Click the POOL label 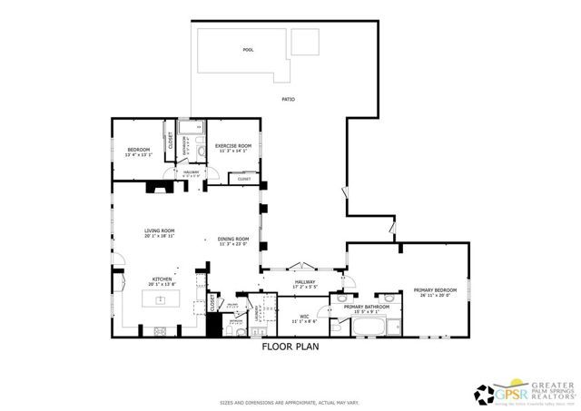point(248,50)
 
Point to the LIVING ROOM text point(159,230)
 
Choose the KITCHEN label point(161,279)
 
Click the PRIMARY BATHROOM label point(367,307)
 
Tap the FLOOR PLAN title point(290,347)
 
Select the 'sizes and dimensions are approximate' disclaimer point(290,402)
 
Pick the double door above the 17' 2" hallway point(301,269)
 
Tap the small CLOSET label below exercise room point(244,180)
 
